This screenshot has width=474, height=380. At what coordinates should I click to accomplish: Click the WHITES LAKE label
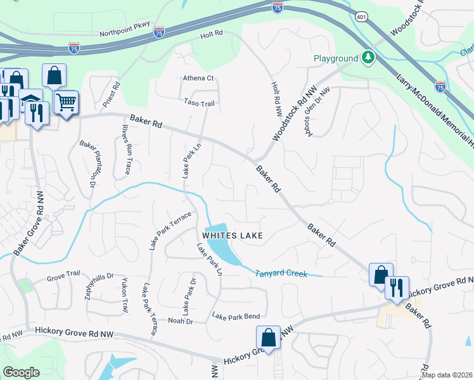click(x=233, y=235)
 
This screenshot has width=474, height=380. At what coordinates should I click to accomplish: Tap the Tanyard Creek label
click(x=281, y=274)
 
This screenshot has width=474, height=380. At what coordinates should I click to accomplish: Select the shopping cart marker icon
click(x=66, y=101)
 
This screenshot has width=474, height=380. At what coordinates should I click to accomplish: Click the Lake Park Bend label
click(x=236, y=315)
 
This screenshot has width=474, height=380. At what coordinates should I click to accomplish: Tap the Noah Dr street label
click(x=179, y=321)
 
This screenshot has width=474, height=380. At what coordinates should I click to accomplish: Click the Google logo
click(x=21, y=372)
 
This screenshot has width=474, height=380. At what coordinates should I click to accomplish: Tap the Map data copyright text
click(x=447, y=375)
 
